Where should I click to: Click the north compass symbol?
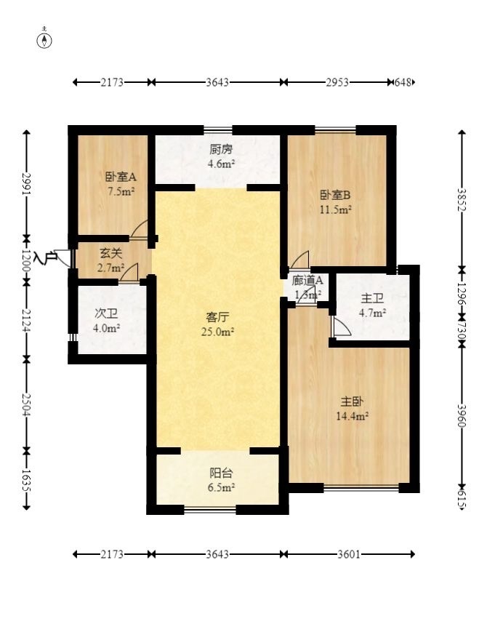click(x=45, y=39)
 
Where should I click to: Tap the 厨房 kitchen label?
click(x=221, y=150)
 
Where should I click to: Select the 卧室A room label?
click(x=116, y=177)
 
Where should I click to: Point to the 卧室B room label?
click(x=335, y=195)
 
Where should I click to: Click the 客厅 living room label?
click(x=218, y=317)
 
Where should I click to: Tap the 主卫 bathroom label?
click(x=373, y=298)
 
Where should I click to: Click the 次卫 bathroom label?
click(x=107, y=313)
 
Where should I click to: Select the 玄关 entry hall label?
click(x=110, y=254)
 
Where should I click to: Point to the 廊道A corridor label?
click(x=308, y=281)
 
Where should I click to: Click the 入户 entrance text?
click(x=45, y=257)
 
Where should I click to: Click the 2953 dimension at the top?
click(x=337, y=82)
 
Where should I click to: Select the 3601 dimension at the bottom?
click(x=348, y=554)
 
